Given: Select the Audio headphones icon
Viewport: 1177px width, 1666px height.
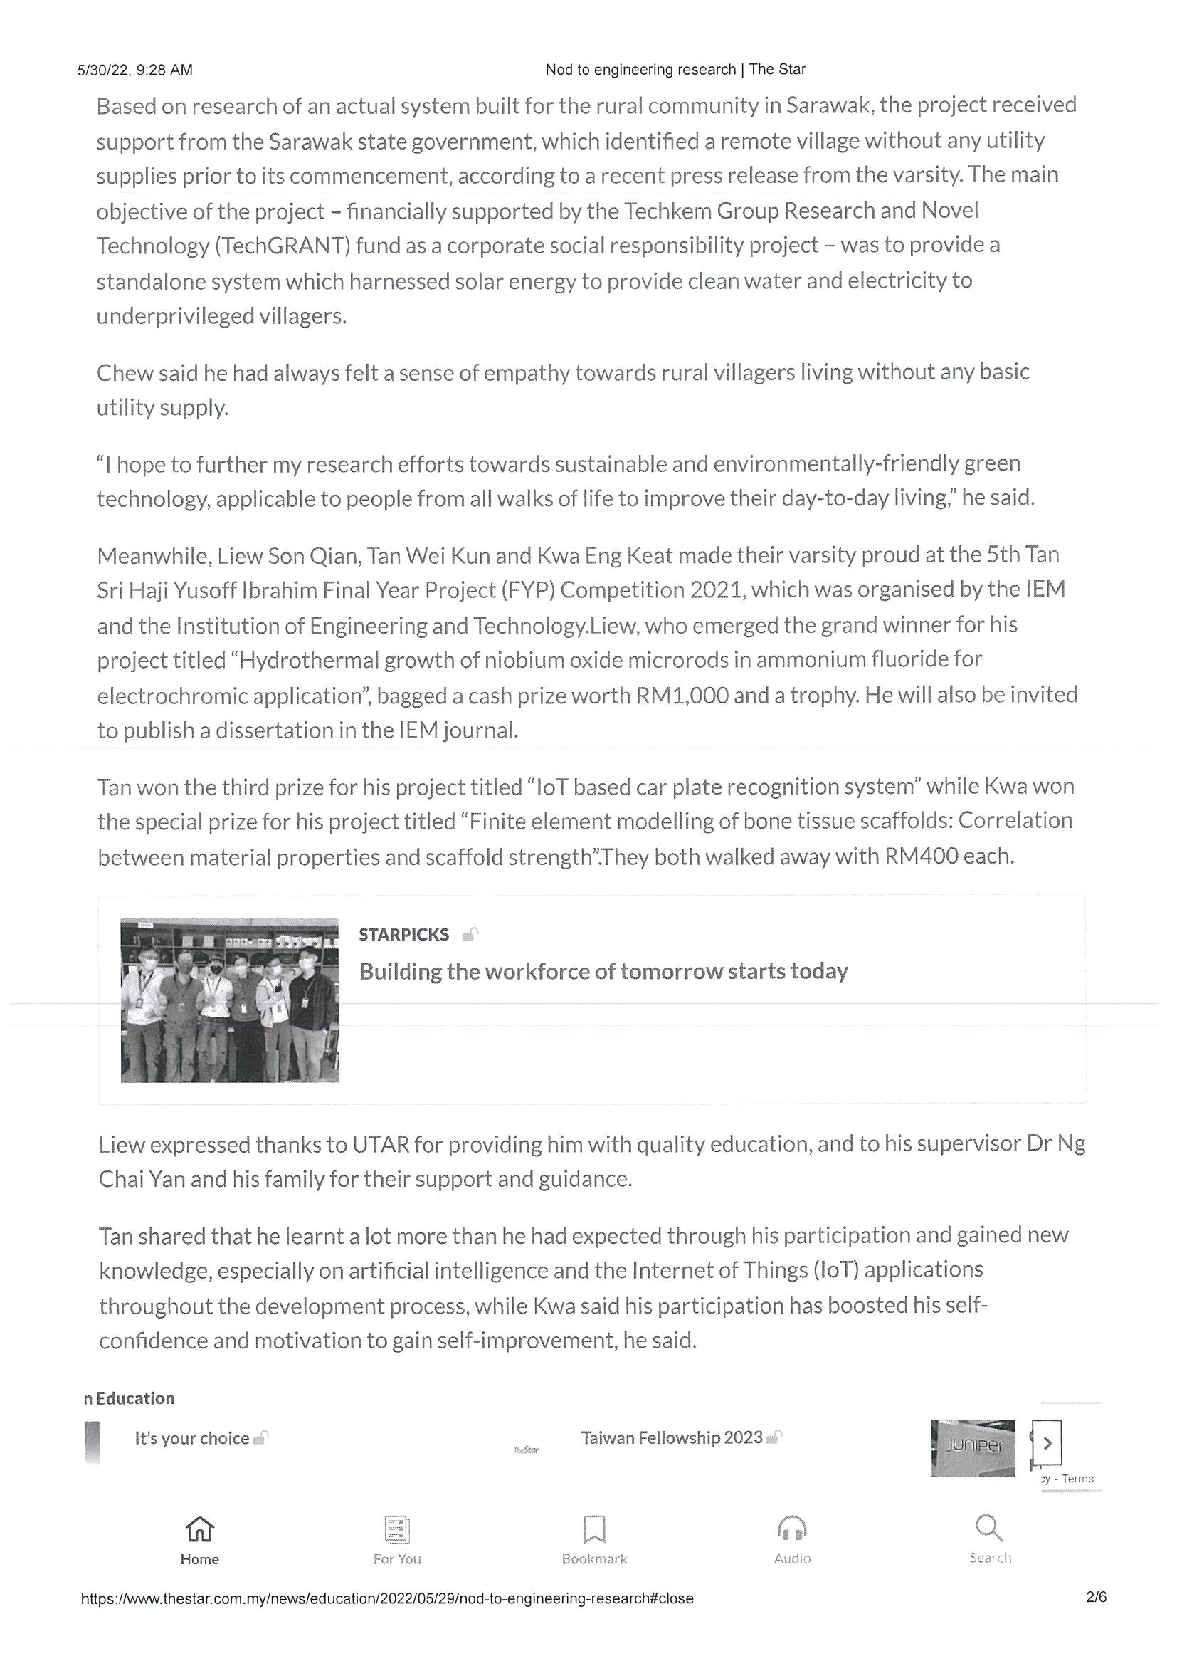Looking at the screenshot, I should click(792, 1529).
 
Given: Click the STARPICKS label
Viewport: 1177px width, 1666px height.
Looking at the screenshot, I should click(404, 935).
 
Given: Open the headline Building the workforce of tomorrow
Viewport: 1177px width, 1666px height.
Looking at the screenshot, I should click(603, 971).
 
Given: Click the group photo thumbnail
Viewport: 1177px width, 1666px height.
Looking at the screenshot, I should click(229, 1000).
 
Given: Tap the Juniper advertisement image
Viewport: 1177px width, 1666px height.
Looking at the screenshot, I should click(973, 1448).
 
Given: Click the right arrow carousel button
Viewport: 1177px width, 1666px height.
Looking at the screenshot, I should click(1047, 1443).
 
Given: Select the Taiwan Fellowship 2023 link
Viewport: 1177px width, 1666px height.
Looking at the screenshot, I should click(672, 1437).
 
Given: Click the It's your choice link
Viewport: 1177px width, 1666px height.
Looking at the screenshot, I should click(191, 1438).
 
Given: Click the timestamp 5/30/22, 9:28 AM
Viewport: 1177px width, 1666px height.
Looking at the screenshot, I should click(135, 70).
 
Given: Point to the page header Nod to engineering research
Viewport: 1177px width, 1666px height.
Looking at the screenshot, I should click(675, 70).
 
